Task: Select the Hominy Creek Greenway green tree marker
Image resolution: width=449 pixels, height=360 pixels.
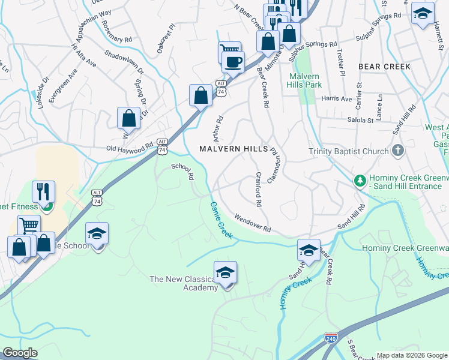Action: coord(360,180)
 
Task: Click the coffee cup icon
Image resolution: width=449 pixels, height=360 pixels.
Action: coord(233,61)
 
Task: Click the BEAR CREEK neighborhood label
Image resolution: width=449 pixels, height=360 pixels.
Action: coord(384,66)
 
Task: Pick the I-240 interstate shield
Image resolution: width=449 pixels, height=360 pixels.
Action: coord(331,338)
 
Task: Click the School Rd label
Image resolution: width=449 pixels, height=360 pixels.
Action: coord(183,172)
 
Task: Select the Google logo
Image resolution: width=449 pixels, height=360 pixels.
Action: coord(20,353)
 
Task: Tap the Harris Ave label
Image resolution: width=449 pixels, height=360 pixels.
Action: coord(337,98)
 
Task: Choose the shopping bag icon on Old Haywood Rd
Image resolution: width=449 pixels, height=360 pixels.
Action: coord(129,118)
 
